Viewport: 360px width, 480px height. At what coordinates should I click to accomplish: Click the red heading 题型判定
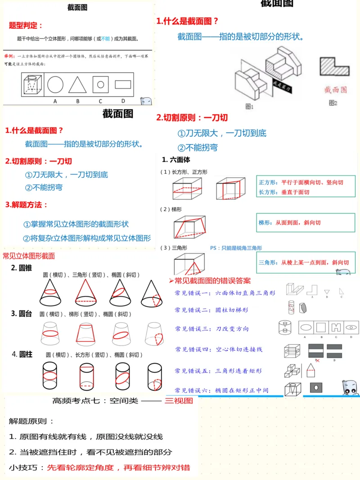26,26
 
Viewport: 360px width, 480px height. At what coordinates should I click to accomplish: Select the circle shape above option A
55,84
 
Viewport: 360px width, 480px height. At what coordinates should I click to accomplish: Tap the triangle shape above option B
77,85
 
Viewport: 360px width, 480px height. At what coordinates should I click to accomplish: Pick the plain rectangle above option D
122,85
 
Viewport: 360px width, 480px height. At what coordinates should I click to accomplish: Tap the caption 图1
250,107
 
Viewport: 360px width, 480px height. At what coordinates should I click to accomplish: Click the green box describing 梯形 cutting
302,223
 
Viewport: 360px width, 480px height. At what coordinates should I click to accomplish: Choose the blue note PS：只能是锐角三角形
236,248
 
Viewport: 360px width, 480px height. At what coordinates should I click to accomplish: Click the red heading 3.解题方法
27,205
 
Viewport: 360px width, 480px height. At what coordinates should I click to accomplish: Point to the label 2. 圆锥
21,268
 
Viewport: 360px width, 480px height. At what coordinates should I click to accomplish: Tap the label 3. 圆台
21,314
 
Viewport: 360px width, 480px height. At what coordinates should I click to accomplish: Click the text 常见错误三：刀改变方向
212,329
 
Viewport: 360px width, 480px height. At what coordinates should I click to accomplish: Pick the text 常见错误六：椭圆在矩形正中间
222,390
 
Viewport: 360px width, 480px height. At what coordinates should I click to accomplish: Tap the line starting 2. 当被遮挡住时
90,452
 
